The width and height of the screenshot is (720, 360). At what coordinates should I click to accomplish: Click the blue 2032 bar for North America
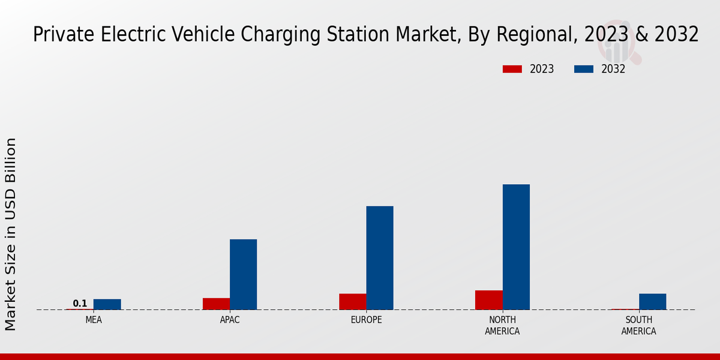(516, 247)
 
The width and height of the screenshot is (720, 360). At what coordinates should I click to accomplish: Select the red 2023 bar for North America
(489, 300)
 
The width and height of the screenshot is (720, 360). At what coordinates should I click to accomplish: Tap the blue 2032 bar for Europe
(380, 258)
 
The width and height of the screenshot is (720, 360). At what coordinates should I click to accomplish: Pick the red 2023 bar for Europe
(353, 302)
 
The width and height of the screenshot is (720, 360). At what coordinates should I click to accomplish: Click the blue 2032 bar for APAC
(243, 274)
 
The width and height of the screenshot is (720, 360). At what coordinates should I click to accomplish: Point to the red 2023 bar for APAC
(216, 304)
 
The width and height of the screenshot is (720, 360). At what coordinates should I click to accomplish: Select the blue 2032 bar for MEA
(107, 304)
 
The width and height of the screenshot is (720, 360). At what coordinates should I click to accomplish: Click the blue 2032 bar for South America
(652, 302)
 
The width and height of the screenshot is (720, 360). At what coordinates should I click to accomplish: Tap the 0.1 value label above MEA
(80, 304)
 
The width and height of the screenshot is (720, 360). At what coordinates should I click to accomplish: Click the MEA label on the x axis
(94, 320)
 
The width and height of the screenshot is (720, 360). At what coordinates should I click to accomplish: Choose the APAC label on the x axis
(230, 320)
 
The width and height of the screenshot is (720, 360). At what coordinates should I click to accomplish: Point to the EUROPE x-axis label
(366, 320)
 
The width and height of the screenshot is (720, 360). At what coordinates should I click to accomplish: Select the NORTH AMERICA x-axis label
(502, 326)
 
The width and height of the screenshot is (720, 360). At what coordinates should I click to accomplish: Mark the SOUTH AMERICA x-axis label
(638, 326)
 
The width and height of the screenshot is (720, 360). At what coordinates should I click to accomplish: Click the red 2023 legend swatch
(512, 69)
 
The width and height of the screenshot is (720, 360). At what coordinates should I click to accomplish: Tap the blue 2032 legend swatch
(583, 69)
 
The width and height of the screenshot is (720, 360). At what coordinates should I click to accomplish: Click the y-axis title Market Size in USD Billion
(11, 234)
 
